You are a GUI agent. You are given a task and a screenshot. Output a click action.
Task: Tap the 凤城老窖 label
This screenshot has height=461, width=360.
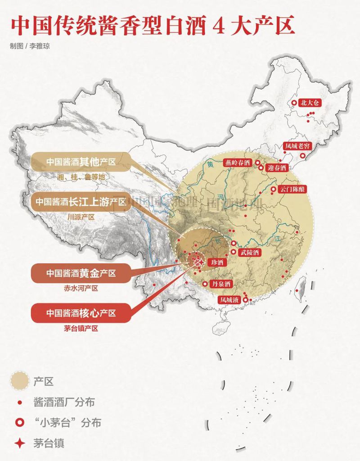point(297,146)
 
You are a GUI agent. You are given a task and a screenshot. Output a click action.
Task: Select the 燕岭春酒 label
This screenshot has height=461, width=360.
point(238,163)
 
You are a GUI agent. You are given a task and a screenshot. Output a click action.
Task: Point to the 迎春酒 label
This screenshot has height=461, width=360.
point(276,168)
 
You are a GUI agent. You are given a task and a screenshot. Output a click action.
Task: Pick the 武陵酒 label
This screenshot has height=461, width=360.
point(250,253)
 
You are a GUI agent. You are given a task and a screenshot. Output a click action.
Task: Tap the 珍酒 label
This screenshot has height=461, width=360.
point(217,262)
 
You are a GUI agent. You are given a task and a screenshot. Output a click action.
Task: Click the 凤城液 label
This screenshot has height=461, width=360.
point(229,299)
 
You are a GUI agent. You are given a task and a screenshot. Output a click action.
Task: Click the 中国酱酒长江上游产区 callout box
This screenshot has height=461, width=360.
point(81,202)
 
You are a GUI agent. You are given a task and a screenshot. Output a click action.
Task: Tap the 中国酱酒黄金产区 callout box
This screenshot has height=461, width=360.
point(81,273)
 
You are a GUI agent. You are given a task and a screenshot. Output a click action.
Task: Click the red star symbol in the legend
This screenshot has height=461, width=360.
point(19,443)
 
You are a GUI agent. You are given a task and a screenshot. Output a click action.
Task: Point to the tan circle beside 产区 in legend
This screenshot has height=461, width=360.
point(19,381)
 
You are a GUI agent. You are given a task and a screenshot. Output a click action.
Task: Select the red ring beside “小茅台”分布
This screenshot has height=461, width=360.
point(19,422)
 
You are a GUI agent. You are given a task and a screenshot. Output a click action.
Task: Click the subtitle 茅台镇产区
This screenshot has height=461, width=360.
point(81,328)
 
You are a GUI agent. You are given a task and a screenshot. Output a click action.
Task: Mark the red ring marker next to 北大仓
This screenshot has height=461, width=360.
point(294,103)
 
